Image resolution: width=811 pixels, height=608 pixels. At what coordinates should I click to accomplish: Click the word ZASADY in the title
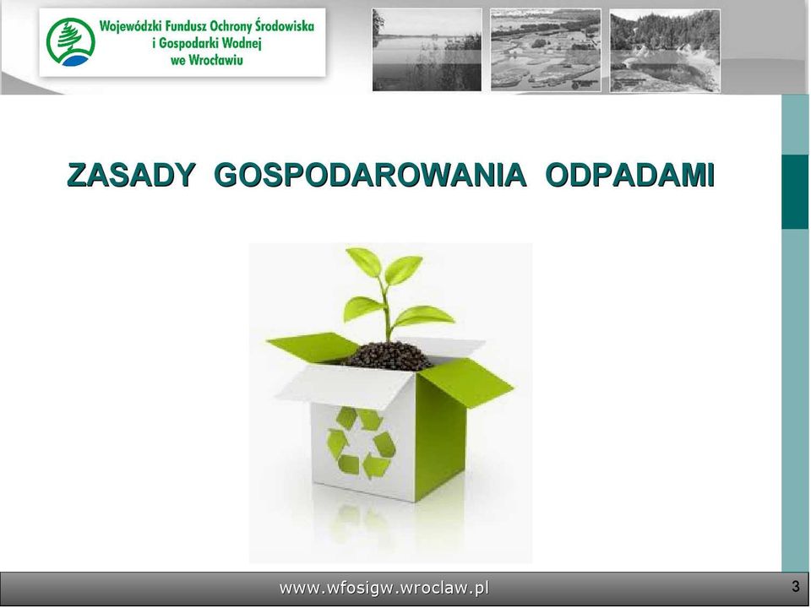132,175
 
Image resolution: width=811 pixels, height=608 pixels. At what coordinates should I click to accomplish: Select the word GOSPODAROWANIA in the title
370,175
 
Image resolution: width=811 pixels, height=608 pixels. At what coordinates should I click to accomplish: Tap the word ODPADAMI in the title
630,175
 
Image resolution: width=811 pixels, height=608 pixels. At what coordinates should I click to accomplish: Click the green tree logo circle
70,42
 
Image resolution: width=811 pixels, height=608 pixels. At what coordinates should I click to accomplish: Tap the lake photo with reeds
427,50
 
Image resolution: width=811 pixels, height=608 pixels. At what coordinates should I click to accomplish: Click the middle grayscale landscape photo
546,50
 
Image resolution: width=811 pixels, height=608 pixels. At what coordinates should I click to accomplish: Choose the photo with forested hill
665,50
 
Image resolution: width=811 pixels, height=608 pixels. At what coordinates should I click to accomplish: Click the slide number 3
796,587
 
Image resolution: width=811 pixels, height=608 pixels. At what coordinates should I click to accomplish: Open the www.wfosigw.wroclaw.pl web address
384,588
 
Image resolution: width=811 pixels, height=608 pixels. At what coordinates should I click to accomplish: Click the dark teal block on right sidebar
795,192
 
